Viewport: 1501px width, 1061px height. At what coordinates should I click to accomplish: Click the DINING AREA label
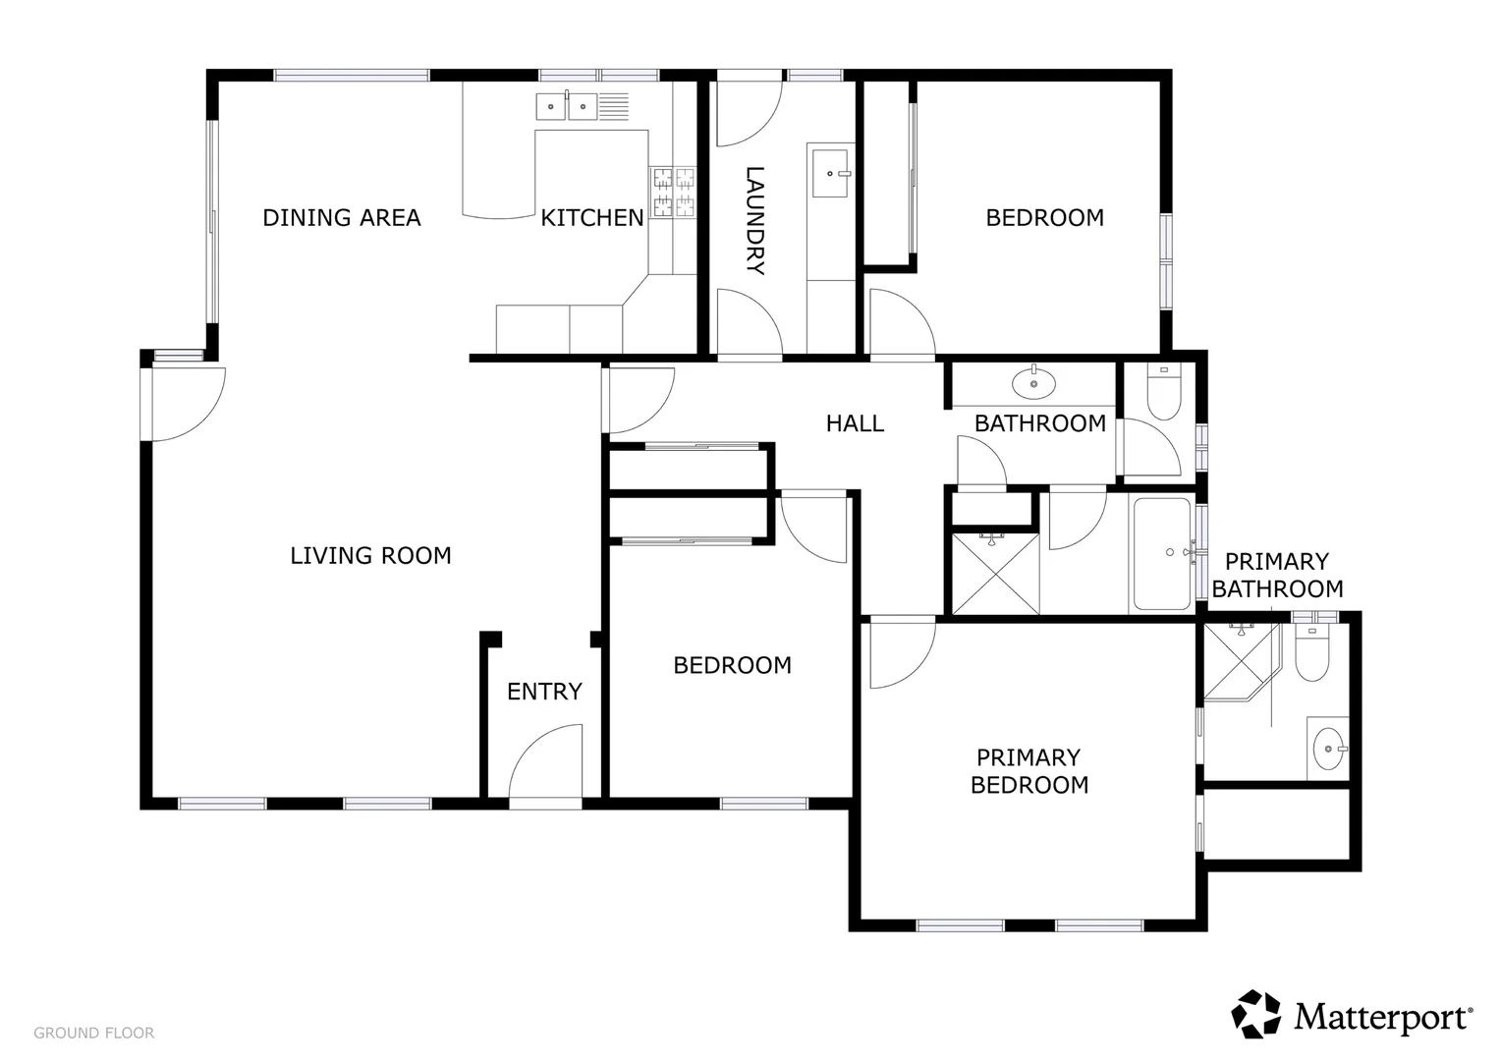point(341,217)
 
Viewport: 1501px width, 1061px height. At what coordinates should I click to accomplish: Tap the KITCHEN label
point(591,217)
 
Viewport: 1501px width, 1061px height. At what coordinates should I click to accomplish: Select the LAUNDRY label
point(754,221)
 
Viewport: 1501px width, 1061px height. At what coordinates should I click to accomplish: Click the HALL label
point(855,423)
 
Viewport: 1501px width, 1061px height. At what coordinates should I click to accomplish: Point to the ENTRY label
point(544,692)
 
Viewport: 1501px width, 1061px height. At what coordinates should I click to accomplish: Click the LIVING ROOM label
point(370,556)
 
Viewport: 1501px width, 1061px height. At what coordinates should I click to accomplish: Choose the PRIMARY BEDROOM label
point(1028,771)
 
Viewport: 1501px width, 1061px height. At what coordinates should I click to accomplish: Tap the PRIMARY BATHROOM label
point(1277,576)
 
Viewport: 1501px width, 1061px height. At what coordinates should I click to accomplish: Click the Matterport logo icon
point(1256,1014)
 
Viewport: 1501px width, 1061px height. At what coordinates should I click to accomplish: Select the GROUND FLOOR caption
point(93,1033)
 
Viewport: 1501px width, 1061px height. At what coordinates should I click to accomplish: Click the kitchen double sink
point(568,105)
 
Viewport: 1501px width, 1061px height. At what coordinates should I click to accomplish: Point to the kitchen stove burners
point(673,192)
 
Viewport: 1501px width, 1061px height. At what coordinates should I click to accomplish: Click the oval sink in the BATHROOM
point(1032,383)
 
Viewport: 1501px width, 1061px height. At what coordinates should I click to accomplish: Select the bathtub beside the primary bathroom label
point(1161,553)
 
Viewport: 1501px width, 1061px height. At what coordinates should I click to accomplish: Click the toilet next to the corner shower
point(1310,655)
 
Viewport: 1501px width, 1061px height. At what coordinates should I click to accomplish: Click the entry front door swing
point(545,766)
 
